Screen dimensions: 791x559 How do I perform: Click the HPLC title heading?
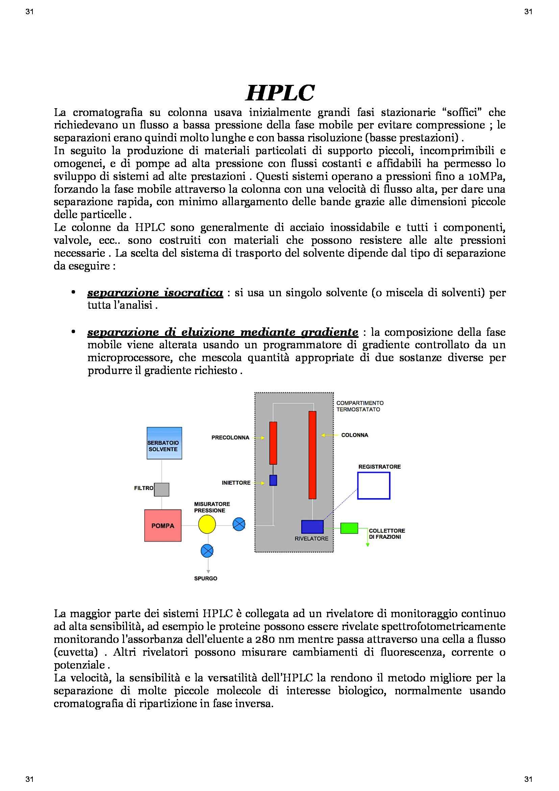(x=280, y=93)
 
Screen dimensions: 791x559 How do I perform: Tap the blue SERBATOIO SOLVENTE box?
(x=164, y=443)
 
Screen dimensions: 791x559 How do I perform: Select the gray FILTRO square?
(x=162, y=490)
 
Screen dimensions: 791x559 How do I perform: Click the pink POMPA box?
(x=163, y=526)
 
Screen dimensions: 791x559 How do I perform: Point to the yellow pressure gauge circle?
(x=207, y=525)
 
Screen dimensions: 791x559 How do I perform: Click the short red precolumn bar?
(x=273, y=443)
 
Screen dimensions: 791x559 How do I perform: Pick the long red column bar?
(x=312, y=455)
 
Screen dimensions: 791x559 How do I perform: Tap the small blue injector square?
(x=273, y=480)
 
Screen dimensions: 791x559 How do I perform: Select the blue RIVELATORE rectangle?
(x=312, y=527)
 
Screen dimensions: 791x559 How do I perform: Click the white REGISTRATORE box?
(x=373, y=485)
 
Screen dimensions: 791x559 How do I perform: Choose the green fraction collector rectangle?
(x=349, y=528)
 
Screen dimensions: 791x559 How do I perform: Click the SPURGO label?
(x=205, y=578)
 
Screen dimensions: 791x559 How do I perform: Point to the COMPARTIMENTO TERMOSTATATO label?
(x=360, y=406)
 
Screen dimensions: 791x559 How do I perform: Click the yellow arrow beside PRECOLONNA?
(x=259, y=438)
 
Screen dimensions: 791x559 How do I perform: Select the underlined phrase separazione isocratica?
(x=155, y=293)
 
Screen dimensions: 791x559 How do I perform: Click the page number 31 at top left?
(x=30, y=12)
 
